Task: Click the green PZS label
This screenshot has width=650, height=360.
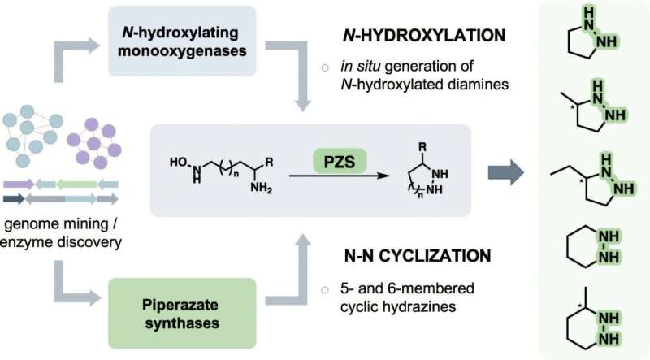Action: [340, 161]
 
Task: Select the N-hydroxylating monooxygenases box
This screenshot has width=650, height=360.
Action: [182, 41]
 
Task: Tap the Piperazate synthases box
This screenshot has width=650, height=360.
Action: [182, 314]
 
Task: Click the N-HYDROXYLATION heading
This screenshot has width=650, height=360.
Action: [424, 35]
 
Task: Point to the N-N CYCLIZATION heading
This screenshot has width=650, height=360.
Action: [418, 255]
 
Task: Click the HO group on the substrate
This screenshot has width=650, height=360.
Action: [179, 162]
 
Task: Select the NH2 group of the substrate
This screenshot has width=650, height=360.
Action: [261, 189]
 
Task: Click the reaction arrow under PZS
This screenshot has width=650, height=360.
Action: [340, 176]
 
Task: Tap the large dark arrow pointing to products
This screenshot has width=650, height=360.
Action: [505, 172]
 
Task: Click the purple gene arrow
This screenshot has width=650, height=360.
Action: [19, 184]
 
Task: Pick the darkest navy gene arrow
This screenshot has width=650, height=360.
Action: [14, 199]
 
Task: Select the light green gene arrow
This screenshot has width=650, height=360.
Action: [76, 184]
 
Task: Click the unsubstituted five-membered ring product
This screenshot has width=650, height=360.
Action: [591, 36]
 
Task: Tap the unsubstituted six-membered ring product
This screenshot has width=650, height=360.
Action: [593, 248]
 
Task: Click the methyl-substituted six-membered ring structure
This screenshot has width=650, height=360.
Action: [593, 319]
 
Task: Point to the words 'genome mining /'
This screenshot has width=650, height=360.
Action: [61, 224]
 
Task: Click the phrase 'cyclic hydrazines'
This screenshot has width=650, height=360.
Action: [398, 306]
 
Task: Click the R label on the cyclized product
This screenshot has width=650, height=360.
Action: [422, 147]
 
